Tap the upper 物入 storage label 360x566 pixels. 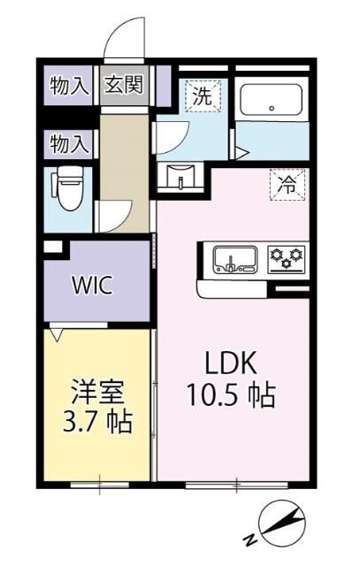[x=69, y=86]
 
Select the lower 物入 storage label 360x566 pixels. [x=69, y=141]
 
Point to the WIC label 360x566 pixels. [x=91, y=287]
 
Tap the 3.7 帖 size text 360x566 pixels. [x=96, y=422]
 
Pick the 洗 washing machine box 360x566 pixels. [x=202, y=96]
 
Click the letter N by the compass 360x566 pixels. [x=250, y=539]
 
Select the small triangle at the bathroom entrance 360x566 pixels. [x=241, y=151]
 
